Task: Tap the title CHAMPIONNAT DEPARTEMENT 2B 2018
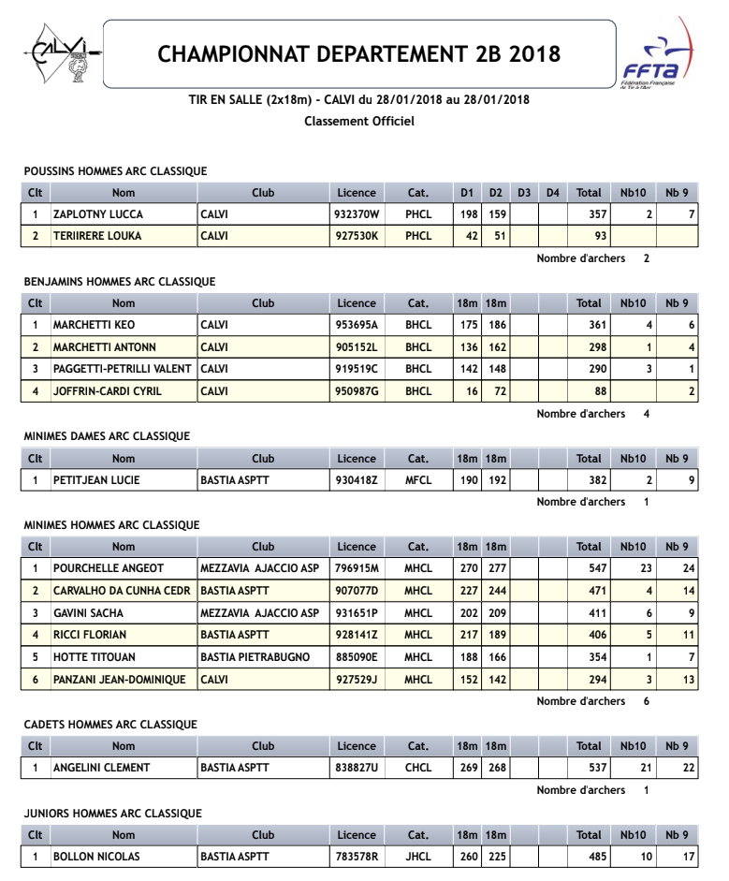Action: pos(359,53)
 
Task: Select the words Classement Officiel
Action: pos(359,121)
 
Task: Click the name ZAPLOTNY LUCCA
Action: pos(98,214)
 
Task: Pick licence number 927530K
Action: pos(357,236)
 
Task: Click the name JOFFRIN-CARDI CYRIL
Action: pos(108,391)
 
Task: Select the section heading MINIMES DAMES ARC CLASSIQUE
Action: pos(107,436)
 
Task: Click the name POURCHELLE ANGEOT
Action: pos(109,568)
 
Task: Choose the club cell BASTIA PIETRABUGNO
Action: pos(255,657)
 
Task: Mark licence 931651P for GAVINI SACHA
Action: pos(357,613)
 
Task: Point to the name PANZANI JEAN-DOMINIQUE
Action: pos(120,680)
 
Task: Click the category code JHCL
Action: pos(418,857)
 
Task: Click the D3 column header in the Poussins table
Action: pos(524,193)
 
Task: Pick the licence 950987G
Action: pos(357,391)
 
